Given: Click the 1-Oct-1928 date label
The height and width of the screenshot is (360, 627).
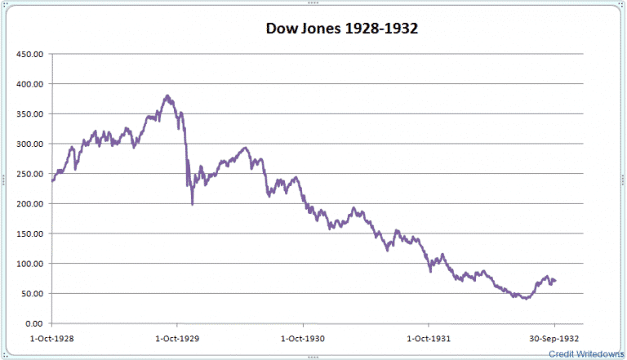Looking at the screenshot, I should click(x=53, y=336).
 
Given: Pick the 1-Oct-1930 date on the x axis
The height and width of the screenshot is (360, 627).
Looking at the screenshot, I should click(x=303, y=336).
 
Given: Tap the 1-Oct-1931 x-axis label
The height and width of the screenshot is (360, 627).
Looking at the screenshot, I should click(x=429, y=336).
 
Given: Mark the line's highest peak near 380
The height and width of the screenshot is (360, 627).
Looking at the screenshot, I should click(x=167, y=96).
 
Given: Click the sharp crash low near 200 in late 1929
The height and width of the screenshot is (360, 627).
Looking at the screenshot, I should click(x=193, y=203).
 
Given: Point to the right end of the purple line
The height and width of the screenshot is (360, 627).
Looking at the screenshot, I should click(x=556, y=281).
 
